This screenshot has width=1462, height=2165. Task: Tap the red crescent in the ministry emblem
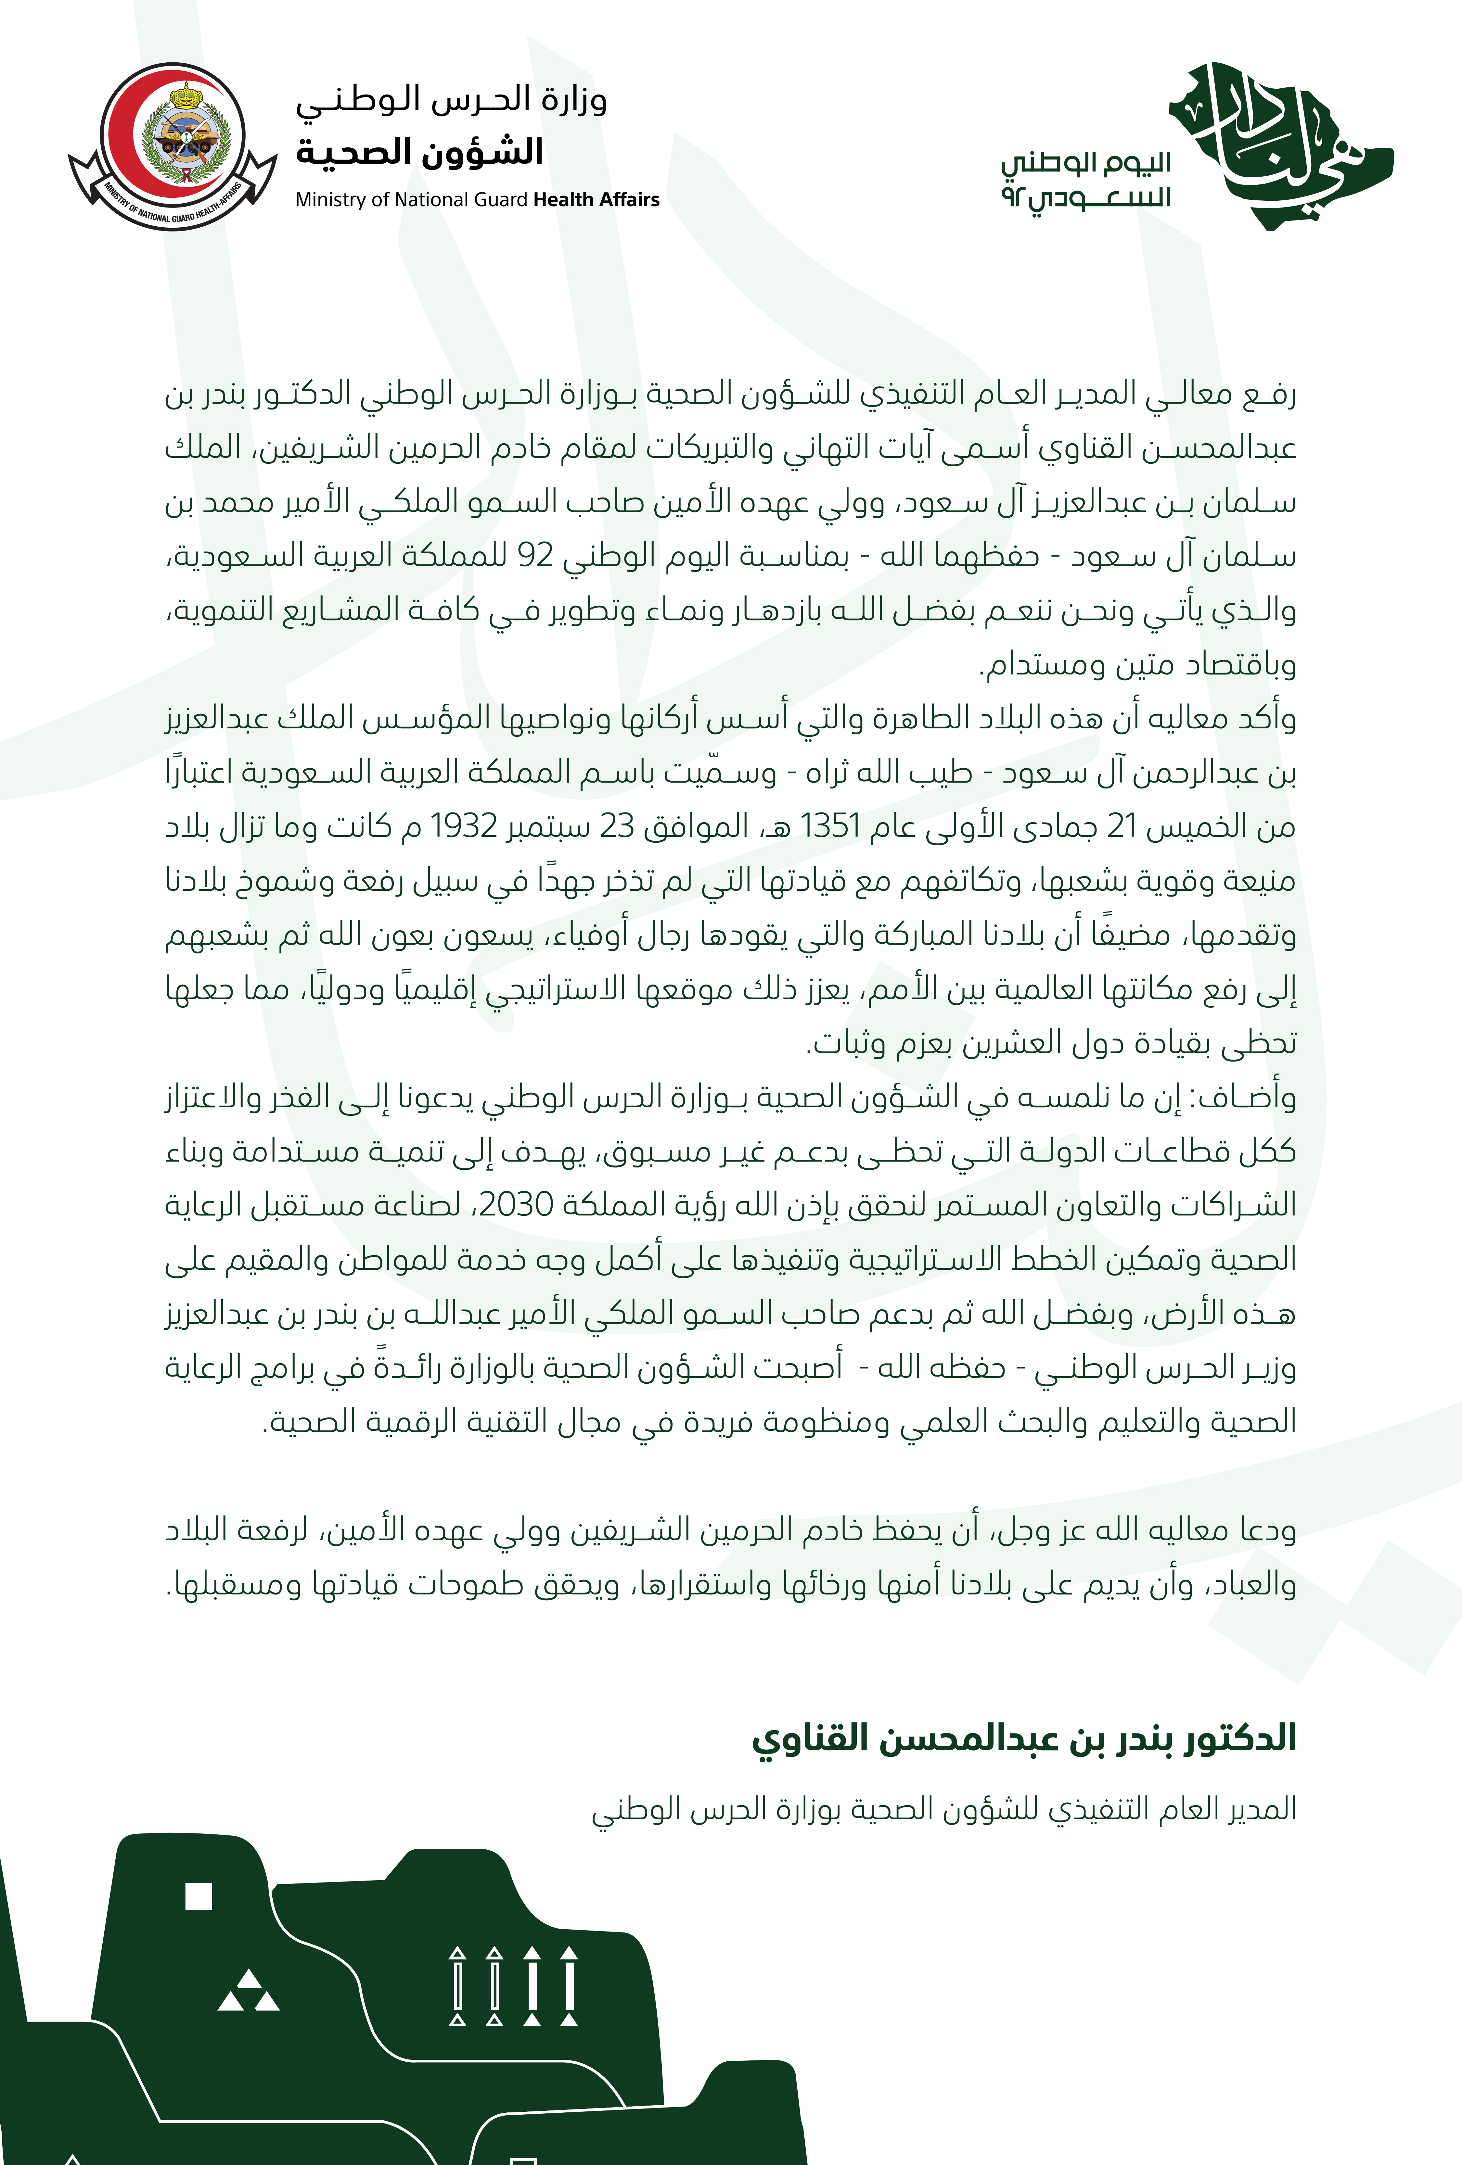click(121, 140)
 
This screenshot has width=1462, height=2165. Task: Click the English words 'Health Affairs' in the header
click(596, 199)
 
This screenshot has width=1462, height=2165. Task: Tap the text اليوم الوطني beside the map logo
click(1085, 164)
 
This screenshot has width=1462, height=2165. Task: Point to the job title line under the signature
click(943, 1808)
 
